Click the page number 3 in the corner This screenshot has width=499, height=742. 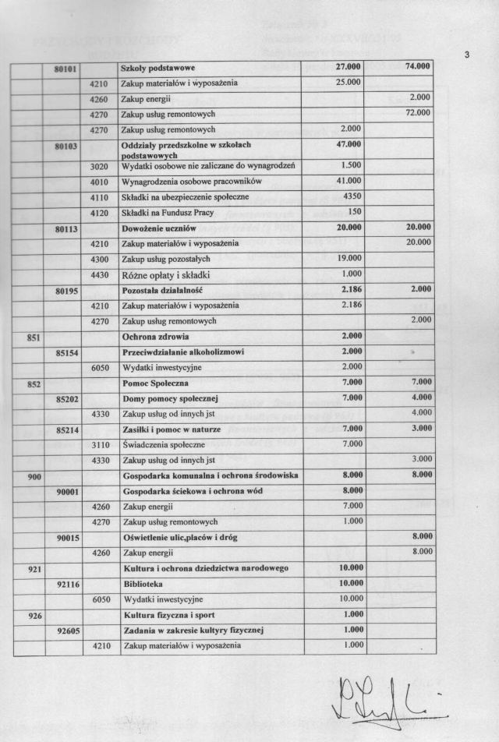466,55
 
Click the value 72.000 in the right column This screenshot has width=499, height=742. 418,113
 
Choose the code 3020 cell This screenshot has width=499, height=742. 99,166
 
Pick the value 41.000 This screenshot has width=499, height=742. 349,181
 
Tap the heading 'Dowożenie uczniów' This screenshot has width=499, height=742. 159,228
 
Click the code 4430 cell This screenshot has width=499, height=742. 99,274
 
